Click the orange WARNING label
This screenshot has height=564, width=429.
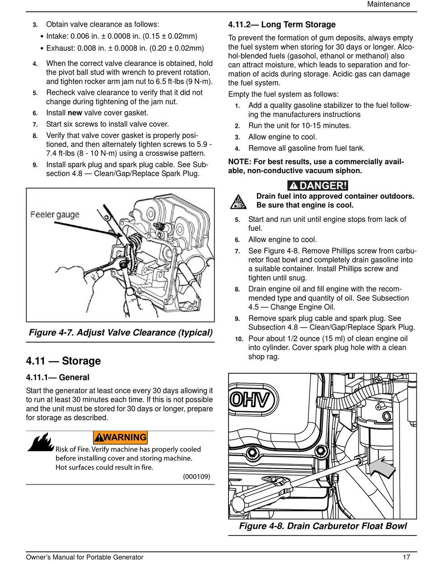(x=120, y=437)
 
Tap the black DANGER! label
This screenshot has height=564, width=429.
(x=318, y=185)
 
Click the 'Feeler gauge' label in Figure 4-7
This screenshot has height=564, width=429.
(x=55, y=214)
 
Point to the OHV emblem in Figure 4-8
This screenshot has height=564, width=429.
(x=253, y=400)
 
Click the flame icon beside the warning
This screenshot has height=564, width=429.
(x=41, y=442)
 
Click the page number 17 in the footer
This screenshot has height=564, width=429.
(x=406, y=557)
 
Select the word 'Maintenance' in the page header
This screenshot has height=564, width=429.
(x=388, y=4)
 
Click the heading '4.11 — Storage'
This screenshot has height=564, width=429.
(x=63, y=361)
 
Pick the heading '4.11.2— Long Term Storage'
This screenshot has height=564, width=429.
(x=282, y=24)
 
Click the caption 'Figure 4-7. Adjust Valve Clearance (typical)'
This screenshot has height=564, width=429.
(x=120, y=333)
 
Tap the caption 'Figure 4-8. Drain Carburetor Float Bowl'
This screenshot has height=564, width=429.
(x=323, y=526)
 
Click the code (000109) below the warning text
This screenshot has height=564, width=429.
(x=196, y=476)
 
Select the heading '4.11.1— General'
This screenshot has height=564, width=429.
(x=58, y=377)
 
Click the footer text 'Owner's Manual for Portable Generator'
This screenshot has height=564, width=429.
(x=84, y=557)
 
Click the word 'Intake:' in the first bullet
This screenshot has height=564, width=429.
(x=58, y=36)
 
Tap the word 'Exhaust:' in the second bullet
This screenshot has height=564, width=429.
(x=61, y=48)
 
